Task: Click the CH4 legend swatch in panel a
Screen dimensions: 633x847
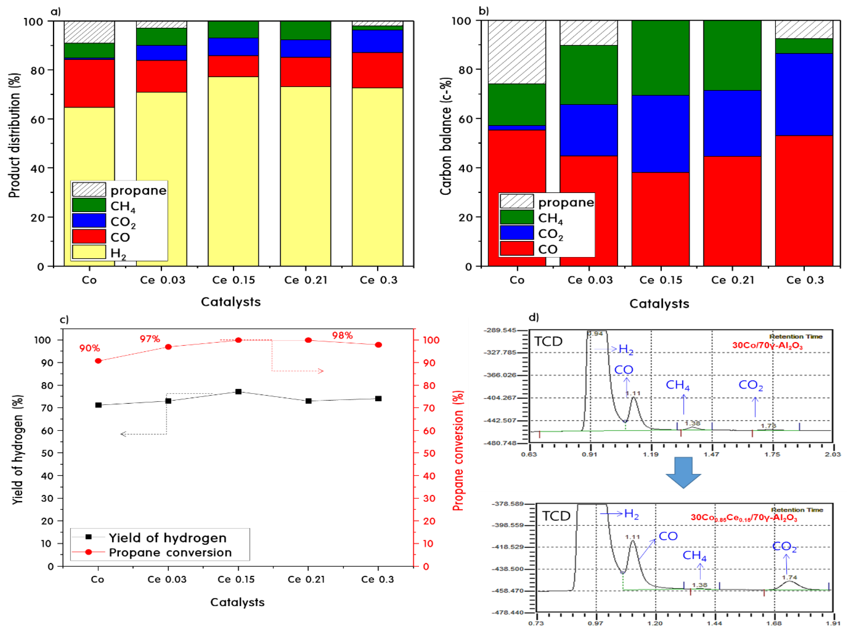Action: pos(89,205)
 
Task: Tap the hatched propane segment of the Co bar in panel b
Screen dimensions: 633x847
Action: pos(517,52)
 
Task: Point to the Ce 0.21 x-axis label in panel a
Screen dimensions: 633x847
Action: pos(306,280)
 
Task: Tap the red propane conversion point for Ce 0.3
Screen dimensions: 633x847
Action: pos(378,345)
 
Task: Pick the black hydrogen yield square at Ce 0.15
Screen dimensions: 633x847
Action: pos(238,392)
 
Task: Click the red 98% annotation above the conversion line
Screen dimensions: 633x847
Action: pos(342,336)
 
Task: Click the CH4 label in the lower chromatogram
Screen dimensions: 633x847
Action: pos(694,555)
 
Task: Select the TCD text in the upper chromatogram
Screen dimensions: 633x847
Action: pos(548,341)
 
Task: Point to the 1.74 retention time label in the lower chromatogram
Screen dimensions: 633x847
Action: pos(789,577)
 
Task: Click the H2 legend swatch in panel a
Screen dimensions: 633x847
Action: pos(89,252)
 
